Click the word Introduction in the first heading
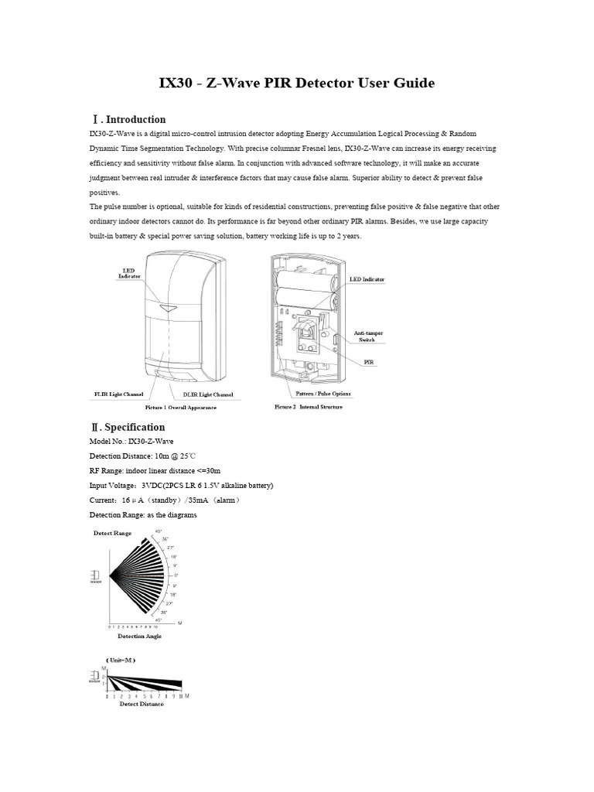[135, 119]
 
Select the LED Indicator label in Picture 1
[129, 273]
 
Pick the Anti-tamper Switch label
[368, 336]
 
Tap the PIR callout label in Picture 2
[370, 361]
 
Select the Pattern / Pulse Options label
[324, 393]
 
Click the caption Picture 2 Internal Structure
[308, 407]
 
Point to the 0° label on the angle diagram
[176, 575]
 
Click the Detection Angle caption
[139, 636]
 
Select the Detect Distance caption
[141, 704]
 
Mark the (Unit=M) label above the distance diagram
[121, 660]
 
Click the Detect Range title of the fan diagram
[112, 533]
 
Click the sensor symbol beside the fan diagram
[95, 576]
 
